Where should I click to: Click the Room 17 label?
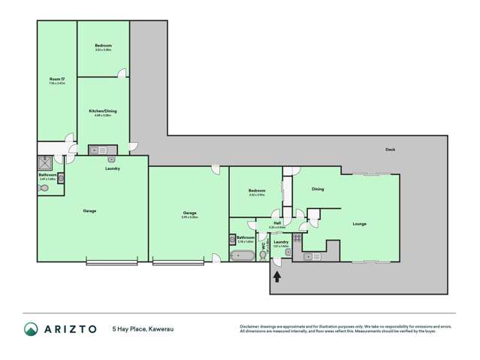[57, 80]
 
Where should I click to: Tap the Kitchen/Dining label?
[103, 111]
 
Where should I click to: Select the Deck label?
[390, 150]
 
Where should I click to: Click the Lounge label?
[360, 224]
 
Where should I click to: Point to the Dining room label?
[318, 189]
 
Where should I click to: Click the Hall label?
[277, 223]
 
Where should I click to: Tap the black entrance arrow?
[278, 276]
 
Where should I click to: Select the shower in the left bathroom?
[46, 162]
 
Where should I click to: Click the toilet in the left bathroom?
[44, 189]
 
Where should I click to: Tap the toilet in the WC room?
[263, 255]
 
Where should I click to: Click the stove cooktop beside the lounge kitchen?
[297, 238]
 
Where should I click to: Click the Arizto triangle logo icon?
[32, 328]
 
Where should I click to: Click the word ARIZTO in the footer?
[71, 328]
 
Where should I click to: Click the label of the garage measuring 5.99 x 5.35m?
[189, 214]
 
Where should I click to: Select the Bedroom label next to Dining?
[258, 192]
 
